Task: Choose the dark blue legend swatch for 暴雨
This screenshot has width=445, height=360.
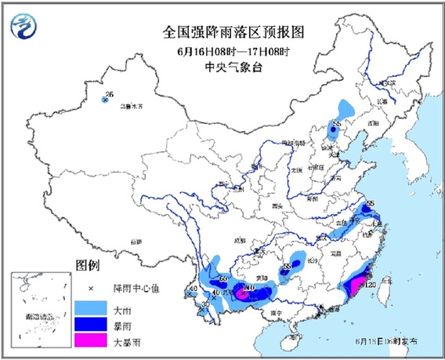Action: (89, 322)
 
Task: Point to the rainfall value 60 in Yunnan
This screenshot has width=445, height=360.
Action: (223, 278)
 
